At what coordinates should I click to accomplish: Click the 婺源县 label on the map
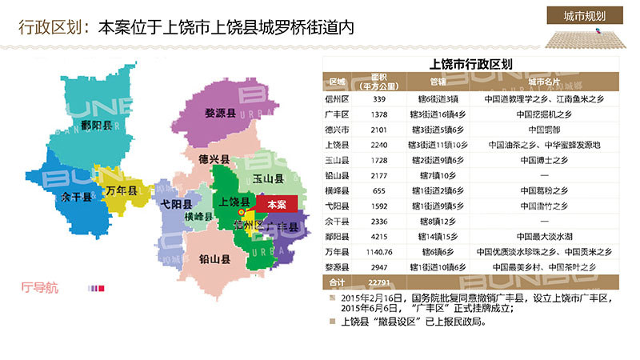pos(219,115)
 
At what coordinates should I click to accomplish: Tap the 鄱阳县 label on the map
pos(97,126)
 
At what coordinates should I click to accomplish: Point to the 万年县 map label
pos(122,193)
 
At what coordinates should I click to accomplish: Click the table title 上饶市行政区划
pos(470,64)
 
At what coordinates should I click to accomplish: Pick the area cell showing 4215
pos(379,237)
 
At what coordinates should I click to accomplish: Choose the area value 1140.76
pos(379,251)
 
